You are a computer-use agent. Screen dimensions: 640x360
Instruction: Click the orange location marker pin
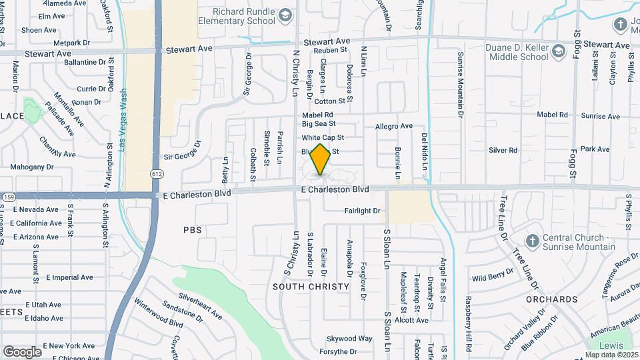pyautogui.click(x=321, y=159)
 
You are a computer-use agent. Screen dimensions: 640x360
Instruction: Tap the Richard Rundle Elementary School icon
pyautogui.click(x=285, y=15)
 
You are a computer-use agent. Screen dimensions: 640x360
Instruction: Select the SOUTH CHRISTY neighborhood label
pyautogui.click(x=311, y=287)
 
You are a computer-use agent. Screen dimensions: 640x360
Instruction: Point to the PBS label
pyautogui.click(x=192, y=230)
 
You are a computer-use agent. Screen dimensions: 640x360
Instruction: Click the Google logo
pyautogui.click(x=22, y=351)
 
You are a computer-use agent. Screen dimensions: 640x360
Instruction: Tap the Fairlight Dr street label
pyautogui.click(x=362, y=211)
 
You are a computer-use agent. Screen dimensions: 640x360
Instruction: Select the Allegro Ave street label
pyautogui.click(x=394, y=126)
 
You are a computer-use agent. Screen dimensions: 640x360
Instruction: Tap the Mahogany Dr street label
pyautogui.click(x=31, y=167)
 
